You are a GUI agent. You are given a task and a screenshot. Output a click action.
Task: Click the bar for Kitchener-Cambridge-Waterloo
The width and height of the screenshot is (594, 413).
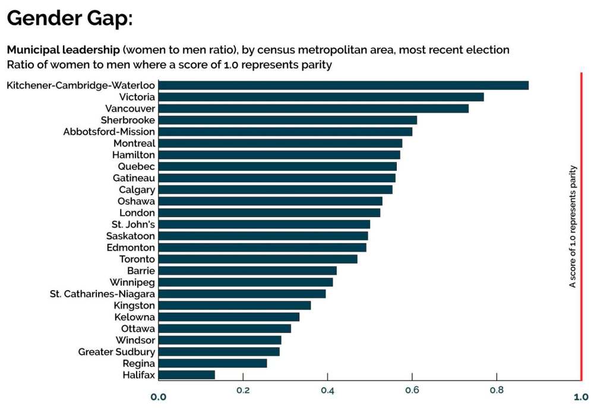click(343, 85)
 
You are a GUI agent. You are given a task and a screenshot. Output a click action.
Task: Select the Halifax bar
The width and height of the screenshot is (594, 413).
click(187, 375)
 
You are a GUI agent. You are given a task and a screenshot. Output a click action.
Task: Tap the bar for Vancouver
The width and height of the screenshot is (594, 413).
click(314, 109)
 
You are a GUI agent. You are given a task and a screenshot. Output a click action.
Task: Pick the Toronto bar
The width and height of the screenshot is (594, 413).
click(258, 259)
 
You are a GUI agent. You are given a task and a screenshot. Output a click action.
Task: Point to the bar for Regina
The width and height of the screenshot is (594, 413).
click(213, 363)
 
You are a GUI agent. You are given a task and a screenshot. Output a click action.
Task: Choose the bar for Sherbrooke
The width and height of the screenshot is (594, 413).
click(287, 120)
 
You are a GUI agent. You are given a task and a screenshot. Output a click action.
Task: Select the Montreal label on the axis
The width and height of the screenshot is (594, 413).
click(134, 143)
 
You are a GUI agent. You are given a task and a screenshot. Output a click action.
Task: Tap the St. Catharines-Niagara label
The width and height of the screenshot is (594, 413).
click(102, 294)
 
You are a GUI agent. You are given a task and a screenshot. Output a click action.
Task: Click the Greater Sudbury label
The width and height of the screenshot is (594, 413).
click(116, 352)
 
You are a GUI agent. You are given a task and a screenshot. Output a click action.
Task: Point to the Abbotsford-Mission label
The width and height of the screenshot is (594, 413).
click(109, 132)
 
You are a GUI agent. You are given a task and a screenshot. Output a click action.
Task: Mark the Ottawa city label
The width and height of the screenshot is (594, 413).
click(138, 329)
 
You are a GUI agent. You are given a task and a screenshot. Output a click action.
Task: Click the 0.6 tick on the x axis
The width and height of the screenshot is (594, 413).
click(412, 390)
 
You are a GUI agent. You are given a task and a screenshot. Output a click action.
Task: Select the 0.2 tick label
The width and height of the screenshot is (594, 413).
click(243, 390)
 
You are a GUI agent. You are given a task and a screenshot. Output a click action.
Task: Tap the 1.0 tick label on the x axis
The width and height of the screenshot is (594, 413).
click(581, 397)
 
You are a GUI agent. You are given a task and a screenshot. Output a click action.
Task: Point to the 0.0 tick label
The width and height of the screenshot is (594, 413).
click(159, 397)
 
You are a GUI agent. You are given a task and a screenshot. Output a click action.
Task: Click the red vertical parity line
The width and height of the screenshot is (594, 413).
click(581, 225)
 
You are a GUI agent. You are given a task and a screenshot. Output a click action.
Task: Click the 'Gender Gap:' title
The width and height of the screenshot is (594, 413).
click(69, 19)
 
